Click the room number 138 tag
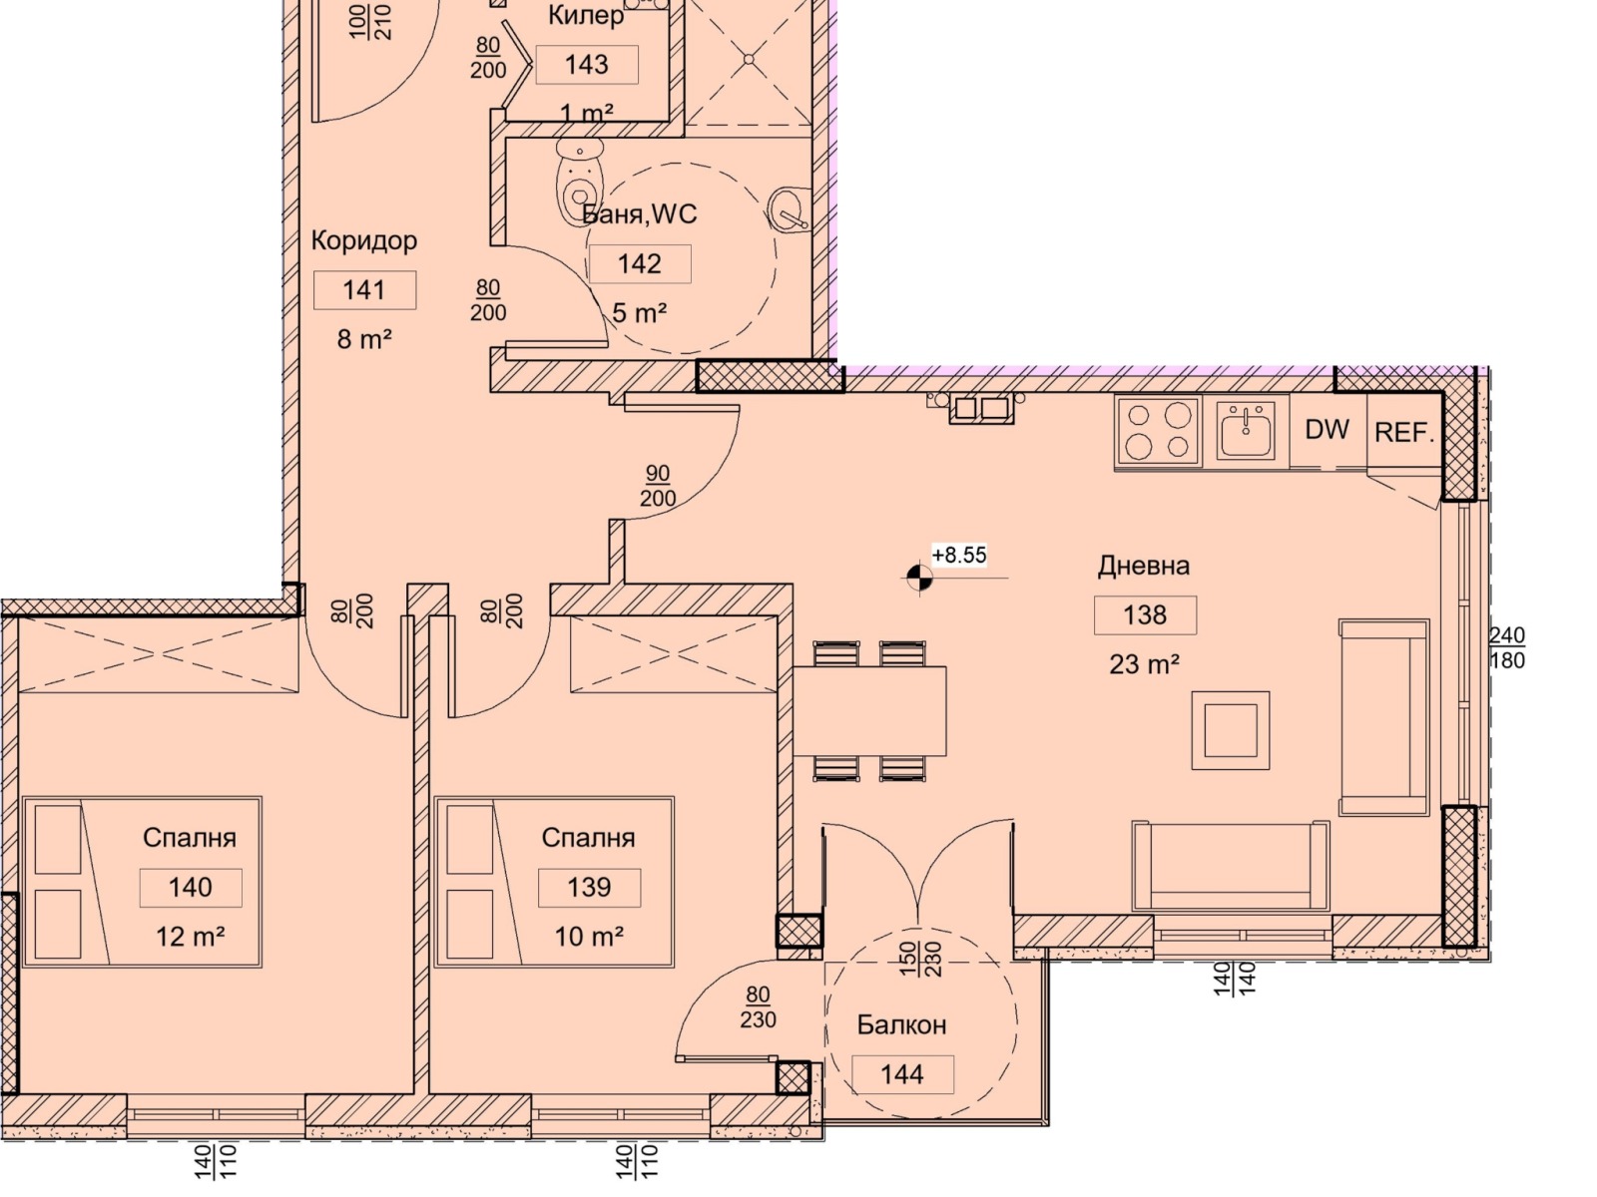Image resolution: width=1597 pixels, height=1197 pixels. tap(1145, 614)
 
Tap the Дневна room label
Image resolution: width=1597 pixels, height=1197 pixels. tap(1143, 566)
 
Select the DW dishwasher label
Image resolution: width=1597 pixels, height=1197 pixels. tap(1328, 430)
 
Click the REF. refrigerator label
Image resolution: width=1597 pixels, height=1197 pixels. tap(1404, 433)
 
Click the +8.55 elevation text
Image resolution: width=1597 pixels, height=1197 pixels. tap(959, 556)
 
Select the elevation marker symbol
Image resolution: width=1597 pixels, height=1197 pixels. tap(919, 579)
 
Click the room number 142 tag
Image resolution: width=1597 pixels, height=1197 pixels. tap(640, 263)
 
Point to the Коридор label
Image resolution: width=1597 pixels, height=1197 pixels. tap(363, 240)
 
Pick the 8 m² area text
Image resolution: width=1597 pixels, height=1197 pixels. tap(364, 339)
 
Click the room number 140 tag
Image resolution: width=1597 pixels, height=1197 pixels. tap(191, 888)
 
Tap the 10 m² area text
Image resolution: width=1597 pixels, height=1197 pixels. tap(589, 937)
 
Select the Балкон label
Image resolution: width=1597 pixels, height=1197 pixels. tap(901, 1024)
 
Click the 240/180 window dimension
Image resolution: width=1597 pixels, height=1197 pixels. tap(1507, 647)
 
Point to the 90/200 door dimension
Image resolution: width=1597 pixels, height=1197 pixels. tap(658, 486)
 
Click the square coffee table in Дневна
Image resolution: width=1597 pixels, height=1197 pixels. tap(1231, 730)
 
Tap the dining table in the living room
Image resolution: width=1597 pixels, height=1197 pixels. tap(869, 711)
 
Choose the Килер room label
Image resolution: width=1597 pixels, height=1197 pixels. tap(586, 15)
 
